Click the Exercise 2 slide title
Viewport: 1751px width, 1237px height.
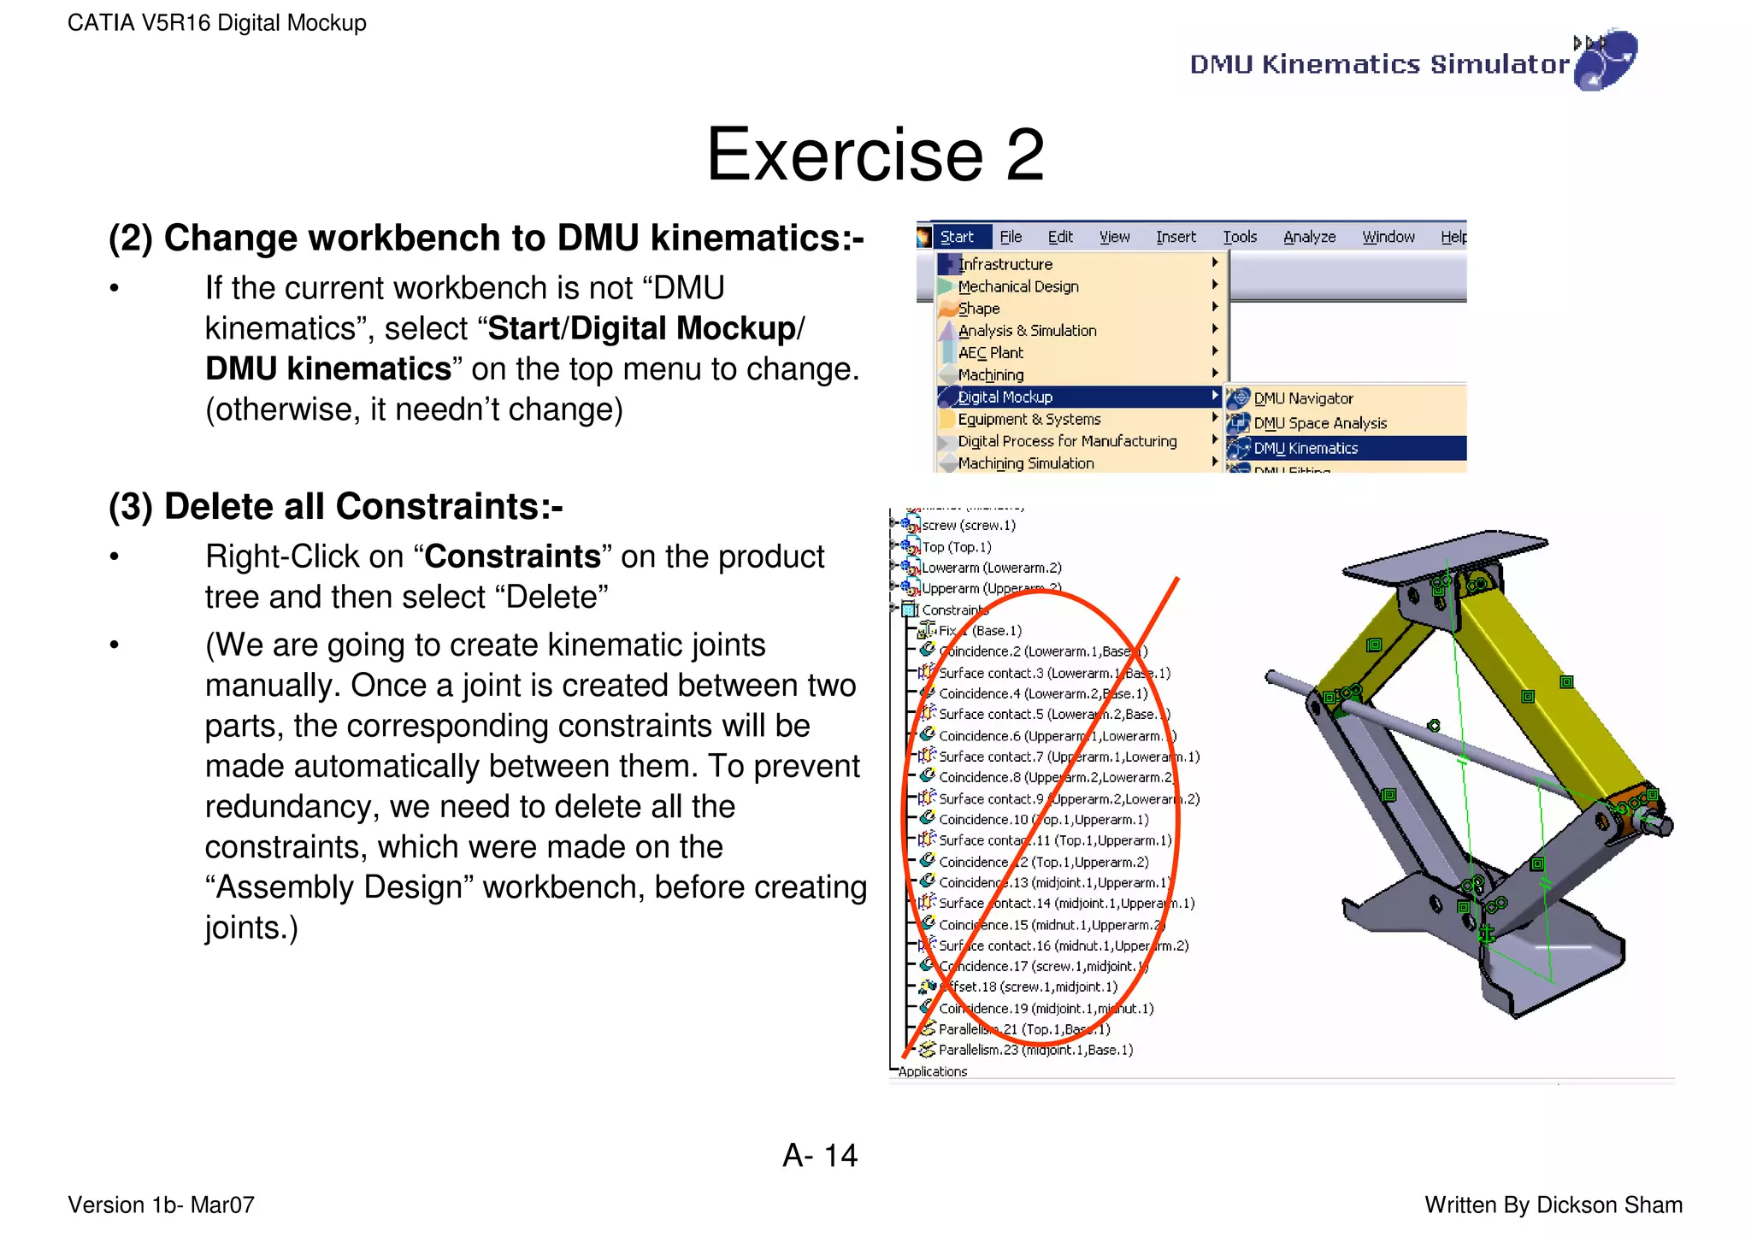pyautogui.click(x=875, y=155)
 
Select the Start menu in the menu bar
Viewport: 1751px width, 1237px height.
pyautogui.click(x=957, y=237)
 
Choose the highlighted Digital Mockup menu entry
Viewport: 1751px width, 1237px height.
pyautogui.click(x=1005, y=397)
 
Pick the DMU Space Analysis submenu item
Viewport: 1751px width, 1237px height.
pyautogui.click(x=1319, y=423)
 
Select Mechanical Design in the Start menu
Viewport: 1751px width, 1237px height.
pyautogui.click(x=1017, y=286)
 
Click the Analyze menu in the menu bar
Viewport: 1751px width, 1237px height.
pyautogui.click(x=1309, y=237)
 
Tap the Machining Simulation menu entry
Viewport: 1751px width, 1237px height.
pyautogui.click(x=1025, y=463)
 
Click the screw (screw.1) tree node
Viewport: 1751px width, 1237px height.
pyautogui.click(x=968, y=525)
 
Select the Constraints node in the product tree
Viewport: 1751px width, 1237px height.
pyautogui.click(x=953, y=610)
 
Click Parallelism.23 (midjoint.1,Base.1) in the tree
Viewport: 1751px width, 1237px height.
pyautogui.click(x=1035, y=1050)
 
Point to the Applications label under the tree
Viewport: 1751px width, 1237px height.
pyautogui.click(x=932, y=1072)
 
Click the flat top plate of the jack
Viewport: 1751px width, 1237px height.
pyautogui.click(x=1445, y=556)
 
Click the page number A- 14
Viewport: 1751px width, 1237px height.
pyautogui.click(x=819, y=1156)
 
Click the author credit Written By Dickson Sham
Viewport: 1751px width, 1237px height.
pyautogui.click(x=1553, y=1205)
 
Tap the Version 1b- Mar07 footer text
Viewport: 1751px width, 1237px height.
pyautogui.click(x=161, y=1205)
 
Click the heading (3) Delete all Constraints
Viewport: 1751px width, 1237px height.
pyautogui.click(x=335, y=506)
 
